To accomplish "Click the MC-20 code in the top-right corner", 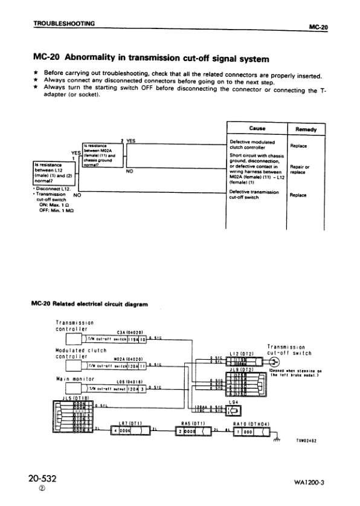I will pos(318,27).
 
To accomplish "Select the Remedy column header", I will pos(307,129).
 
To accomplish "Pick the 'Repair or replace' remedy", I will pos(300,169).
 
